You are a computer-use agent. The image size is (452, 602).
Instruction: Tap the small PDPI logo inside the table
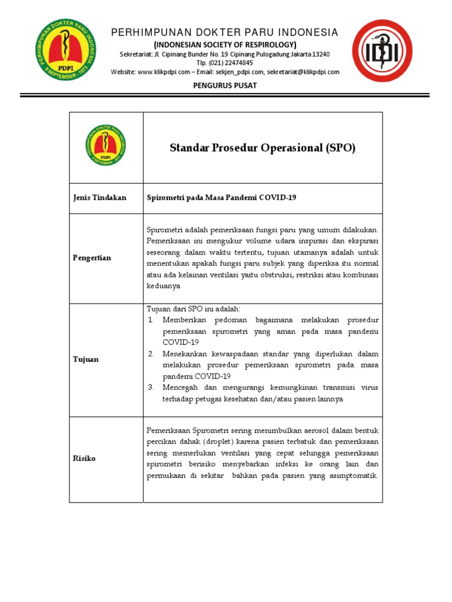click(x=107, y=145)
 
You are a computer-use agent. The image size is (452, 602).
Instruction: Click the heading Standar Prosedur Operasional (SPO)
click(x=262, y=148)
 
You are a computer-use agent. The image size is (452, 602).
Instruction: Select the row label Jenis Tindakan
click(x=99, y=198)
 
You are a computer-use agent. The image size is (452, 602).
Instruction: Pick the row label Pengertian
click(x=92, y=258)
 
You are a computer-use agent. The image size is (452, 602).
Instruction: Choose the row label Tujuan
click(x=86, y=359)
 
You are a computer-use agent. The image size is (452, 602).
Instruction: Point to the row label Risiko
click(x=84, y=459)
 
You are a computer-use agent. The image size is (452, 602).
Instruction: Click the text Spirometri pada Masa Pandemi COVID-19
click(x=221, y=198)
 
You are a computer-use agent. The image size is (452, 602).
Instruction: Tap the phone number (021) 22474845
click(x=232, y=63)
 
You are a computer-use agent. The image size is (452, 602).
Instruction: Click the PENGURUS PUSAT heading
click(x=225, y=86)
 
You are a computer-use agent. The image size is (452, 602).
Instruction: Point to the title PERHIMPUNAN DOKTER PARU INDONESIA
click(x=225, y=32)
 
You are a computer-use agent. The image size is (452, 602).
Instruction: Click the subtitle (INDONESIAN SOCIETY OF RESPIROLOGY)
click(x=225, y=45)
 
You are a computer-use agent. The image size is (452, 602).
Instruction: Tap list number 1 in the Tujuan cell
click(x=151, y=320)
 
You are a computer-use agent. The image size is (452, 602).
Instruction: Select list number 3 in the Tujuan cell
click(x=151, y=387)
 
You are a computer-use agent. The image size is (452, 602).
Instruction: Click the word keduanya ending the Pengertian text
click(x=165, y=286)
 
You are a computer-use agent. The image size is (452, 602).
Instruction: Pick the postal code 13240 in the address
click(x=319, y=54)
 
